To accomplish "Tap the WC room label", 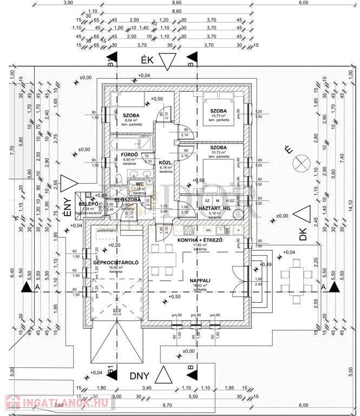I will pos(139,184).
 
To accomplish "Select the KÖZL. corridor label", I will pos(165,162).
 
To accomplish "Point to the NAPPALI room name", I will pos(200,280).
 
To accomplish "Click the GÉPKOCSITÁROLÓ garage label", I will pos(116,262).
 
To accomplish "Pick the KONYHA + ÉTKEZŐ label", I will pos(199,239).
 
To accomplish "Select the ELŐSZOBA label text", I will pos(128,199).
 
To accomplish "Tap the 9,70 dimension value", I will pos(167,405).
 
